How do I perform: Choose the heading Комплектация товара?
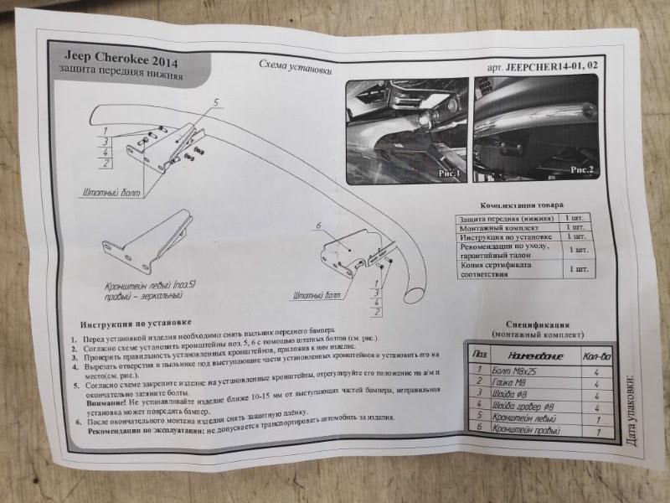point(521,205)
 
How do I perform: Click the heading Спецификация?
point(539,324)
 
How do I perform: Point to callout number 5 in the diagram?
point(216,102)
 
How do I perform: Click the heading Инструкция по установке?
point(137,322)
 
